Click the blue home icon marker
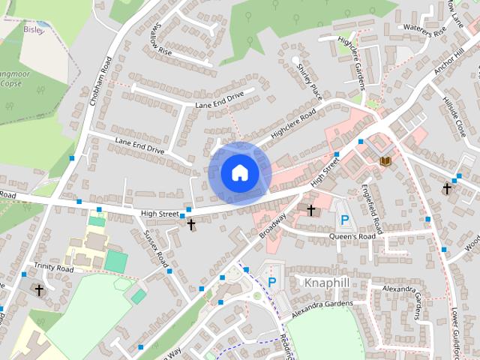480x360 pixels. click(239, 172)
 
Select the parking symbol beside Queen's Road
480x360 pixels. click(344, 220)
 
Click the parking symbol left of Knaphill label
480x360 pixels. click(272, 282)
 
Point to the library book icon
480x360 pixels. click(385, 160)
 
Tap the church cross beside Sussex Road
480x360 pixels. click(190, 223)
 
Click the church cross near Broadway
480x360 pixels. click(311, 210)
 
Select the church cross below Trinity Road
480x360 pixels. click(39, 289)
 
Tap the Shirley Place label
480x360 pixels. click(308, 82)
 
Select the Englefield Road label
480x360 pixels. click(371, 206)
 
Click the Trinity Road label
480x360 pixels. click(54, 268)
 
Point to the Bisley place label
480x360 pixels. click(34, 30)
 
